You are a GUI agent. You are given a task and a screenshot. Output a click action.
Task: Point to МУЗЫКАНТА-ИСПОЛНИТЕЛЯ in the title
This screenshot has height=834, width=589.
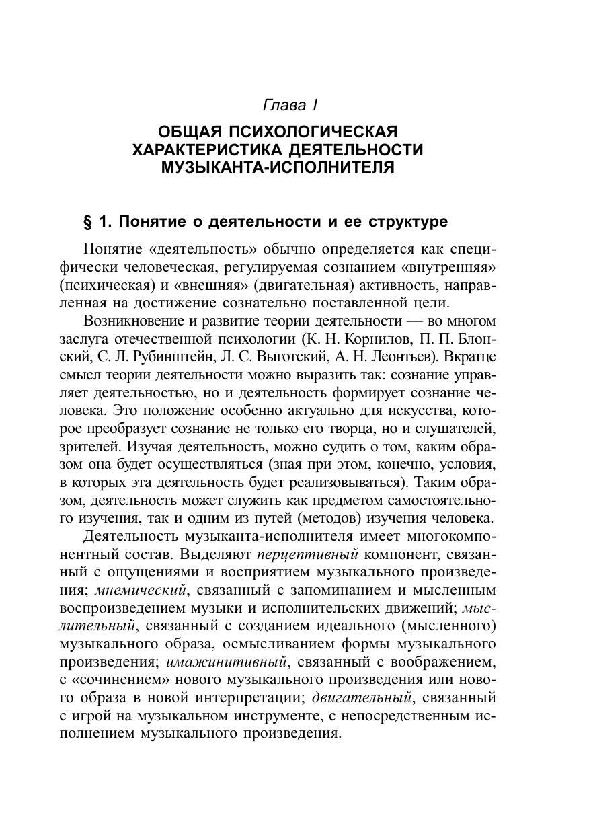[x=278, y=167]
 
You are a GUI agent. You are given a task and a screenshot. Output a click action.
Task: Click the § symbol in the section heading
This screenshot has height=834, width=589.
[x=86, y=221]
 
